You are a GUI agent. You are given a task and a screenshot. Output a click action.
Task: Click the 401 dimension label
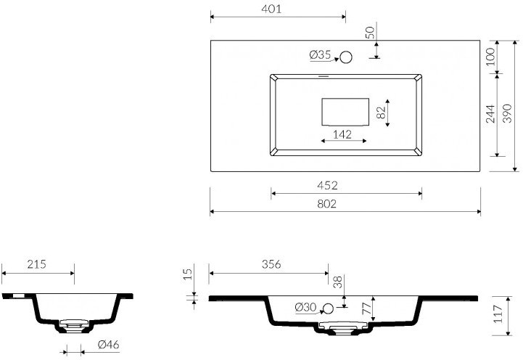click(x=271, y=9)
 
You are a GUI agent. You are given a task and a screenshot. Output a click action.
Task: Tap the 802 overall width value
click(x=327, y=203)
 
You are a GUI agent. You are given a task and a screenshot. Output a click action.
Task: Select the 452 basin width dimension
click(x=328, y=185)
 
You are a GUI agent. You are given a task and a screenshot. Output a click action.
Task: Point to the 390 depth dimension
click(x=507, y=113)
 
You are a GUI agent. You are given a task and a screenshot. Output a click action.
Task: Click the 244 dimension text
click(x=490, y=114)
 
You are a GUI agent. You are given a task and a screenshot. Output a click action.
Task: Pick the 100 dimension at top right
click(x=490, y=57)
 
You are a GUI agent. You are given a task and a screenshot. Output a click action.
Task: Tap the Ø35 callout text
click(x=320, y=54)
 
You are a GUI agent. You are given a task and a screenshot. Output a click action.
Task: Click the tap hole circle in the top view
click(x=346, y=57)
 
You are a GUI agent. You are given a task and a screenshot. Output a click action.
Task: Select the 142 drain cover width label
click(x=342, y=134)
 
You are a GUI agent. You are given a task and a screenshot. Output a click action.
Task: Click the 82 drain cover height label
click(x=381, y=112)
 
